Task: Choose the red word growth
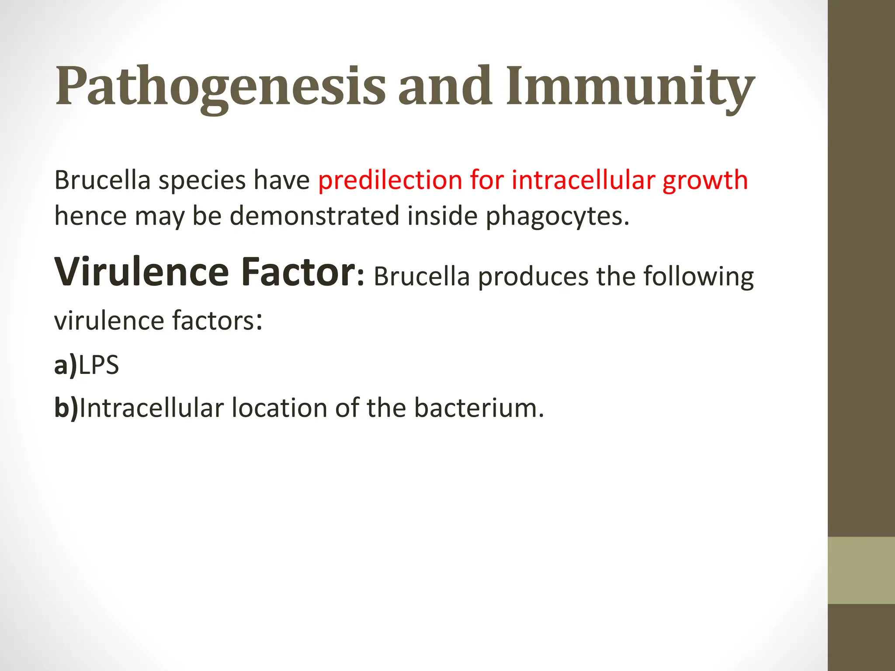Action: click(x=705, y=180)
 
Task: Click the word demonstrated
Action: click(x=315, y=216)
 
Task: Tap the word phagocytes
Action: click(x=557, y=217)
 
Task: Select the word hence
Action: click(x=90, y=216)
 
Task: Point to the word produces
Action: click(x=533, y=277)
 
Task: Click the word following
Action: click(x=698, y=277)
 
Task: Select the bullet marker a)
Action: click(x=66, y=365)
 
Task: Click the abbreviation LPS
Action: click(x=99, y=365)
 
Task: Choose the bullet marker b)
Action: click(x=66, y=408)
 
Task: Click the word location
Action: click(x=279, y=408)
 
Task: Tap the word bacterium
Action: click(x=479, y=408)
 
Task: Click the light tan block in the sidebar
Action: click(x=861, y=570)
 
